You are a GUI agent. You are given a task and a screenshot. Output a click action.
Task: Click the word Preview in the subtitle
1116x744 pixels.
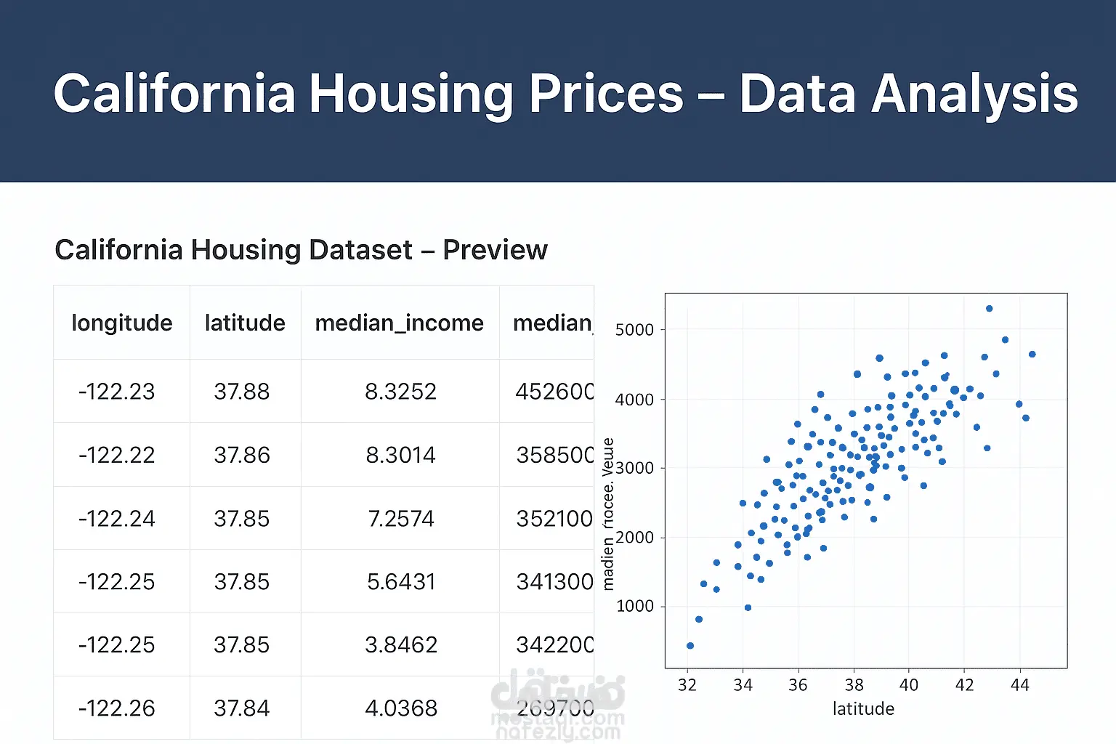(495, 250)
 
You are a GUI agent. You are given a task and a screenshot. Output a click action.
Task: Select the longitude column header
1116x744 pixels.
(122, 323)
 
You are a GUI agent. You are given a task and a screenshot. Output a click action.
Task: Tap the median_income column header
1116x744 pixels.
(399, 323)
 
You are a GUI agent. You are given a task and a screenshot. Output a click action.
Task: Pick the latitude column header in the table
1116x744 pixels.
(245, 323)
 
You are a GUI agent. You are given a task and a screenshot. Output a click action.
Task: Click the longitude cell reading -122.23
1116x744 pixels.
(116, 392)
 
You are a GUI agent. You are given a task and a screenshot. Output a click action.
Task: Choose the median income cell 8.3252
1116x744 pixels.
(400, 392)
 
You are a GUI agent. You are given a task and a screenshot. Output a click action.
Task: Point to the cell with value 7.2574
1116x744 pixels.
(400, 519)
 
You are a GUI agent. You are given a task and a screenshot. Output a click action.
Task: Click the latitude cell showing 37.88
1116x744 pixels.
(241, 392)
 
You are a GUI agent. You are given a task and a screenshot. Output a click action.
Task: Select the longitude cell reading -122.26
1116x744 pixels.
(116, 708)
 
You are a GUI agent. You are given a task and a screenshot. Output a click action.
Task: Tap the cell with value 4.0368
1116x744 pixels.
(400, 708)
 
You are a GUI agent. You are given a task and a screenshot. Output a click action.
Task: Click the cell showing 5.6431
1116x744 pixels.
(400, 582)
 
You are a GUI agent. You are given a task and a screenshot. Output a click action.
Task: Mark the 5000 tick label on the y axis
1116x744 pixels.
(634, 330)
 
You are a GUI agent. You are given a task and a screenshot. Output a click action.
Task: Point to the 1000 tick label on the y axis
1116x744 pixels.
(635, 606)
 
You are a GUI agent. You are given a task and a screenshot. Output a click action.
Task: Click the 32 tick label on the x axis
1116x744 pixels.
(687, 685)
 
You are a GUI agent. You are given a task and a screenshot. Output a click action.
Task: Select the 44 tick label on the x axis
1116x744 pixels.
(1019, 685)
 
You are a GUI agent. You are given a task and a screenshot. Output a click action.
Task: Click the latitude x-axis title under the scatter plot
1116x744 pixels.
(863, 709)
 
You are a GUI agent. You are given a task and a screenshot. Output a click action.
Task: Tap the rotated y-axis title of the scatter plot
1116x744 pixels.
(608, 514)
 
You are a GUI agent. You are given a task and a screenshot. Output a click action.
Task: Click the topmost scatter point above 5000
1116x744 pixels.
(989, 309)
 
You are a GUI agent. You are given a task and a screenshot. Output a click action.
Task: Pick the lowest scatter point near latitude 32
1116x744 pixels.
(690, 646)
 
